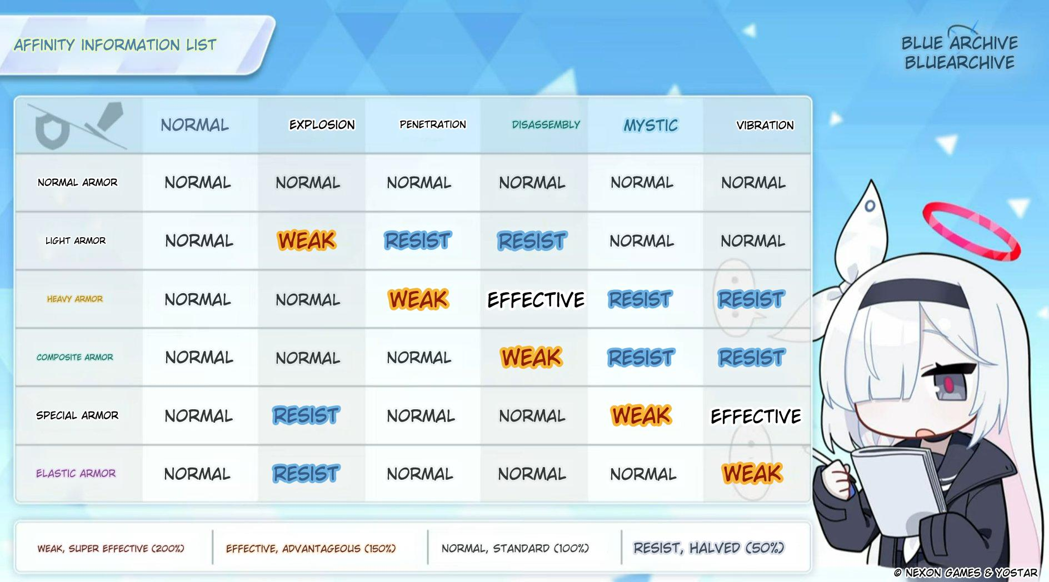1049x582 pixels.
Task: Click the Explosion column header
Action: tap(322, 125)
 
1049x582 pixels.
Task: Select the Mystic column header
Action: tap(651, 126)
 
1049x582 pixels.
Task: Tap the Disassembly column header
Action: tap(546, 125)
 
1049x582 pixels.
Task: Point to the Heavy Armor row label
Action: tap(75, 299)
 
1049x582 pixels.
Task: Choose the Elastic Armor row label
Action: tap(76, 473)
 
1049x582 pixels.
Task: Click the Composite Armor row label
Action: tap(75, 357)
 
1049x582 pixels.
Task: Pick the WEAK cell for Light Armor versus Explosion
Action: tap(307, 240)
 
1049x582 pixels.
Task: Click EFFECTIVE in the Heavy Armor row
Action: tap(536, 300)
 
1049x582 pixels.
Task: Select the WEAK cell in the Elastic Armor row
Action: tap(753, 474)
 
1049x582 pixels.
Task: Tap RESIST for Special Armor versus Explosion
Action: tap(306, 415)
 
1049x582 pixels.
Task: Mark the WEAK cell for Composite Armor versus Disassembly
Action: tap(532, 357)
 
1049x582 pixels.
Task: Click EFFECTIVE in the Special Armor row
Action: tap(756, 416)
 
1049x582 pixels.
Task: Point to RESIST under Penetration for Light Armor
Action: tap(418, 240)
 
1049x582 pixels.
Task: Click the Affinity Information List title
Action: tap(115, 45)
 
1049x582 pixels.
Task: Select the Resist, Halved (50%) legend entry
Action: tap(709, 548)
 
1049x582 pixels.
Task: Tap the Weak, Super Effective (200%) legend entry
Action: tap(111, 549)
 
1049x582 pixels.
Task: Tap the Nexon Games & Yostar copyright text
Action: tap(966, 573)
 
